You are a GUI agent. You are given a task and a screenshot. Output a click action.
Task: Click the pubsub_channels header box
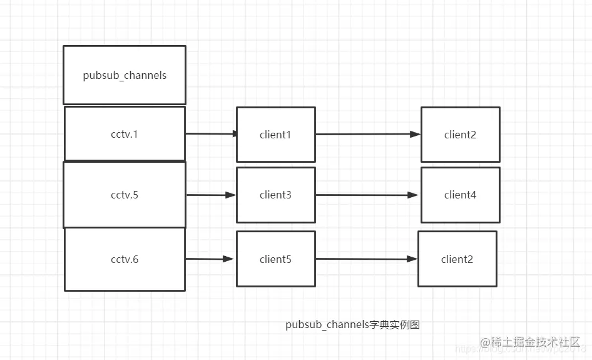pos(125,75)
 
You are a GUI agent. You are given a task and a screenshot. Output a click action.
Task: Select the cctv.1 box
pos(125,134)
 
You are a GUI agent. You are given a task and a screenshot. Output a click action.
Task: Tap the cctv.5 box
pos(125,195)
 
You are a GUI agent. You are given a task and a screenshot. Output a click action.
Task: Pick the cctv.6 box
pos(125,259)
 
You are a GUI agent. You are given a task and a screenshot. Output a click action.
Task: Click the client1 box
pos(275,135)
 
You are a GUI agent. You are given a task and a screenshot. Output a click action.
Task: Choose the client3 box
pos(275,195)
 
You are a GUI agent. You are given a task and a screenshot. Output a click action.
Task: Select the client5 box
pos(275,259)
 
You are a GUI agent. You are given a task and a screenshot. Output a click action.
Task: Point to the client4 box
pos(460,195)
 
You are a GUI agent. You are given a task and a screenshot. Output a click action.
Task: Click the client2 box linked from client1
pos(460,135)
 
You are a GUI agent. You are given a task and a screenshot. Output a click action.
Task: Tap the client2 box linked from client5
pos(457,259)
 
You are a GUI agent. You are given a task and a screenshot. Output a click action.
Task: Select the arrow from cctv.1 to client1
pos(211,134)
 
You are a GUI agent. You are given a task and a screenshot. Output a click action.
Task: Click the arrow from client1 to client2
pos(368,135)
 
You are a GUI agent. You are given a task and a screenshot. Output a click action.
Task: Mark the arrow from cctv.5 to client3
pos(211,195)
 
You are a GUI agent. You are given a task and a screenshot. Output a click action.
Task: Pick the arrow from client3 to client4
pos(368,195)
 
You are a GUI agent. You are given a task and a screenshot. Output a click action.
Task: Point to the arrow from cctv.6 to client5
pos(210,259)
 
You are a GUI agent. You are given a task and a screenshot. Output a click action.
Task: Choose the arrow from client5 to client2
pos(367,259)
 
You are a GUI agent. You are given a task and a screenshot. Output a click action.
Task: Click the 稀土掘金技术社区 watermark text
pos(536,342)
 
